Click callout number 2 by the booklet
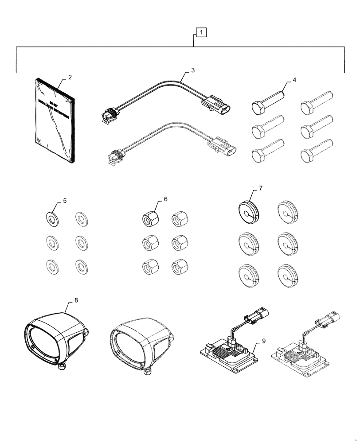70,78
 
